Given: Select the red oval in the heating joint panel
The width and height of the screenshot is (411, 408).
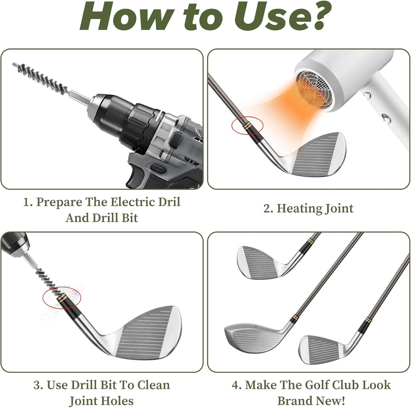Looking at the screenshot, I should point(247,125).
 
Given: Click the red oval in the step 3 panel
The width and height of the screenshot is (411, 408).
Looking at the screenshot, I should point(62,298).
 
